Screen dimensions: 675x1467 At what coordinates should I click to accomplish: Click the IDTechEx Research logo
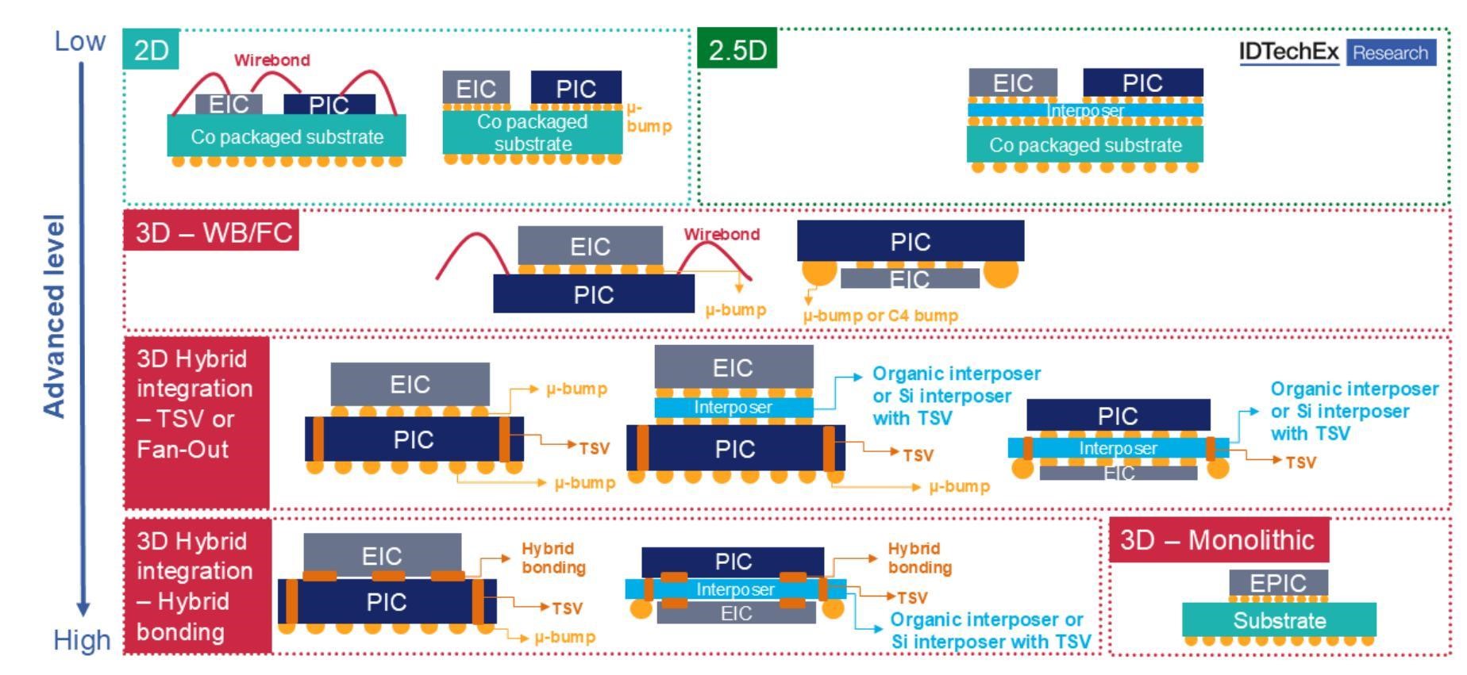point(1337,52)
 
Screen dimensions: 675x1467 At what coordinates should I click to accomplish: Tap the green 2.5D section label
point(737,50)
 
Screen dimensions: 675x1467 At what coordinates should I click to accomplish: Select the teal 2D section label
point(151,50)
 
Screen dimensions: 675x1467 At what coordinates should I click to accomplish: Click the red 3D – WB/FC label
point(212,232)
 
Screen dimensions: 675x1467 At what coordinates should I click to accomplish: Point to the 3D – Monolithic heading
point(1218,540)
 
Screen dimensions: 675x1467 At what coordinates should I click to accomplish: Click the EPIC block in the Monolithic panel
point(1277,583)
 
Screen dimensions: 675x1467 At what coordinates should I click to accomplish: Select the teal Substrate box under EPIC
point(1279,620)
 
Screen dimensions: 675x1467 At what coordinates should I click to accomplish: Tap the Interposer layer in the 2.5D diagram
point(1085,110)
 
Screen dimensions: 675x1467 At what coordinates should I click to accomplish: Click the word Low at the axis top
point(79,41)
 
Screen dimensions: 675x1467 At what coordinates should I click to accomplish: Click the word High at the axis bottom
point(82,640)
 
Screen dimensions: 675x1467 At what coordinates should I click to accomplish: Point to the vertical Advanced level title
point(53,315)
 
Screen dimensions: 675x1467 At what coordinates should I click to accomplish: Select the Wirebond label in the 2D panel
point(271,60)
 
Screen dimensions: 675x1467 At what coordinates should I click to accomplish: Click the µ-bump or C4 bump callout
point(880,316)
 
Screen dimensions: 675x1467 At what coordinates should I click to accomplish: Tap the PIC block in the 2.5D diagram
point(1142,82)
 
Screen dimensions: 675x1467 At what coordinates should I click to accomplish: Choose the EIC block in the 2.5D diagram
point(1012,82)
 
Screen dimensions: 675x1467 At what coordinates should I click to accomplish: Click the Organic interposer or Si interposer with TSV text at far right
point(1353,412)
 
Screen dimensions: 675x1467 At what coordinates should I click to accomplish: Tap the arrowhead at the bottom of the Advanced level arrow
point(83,609)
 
